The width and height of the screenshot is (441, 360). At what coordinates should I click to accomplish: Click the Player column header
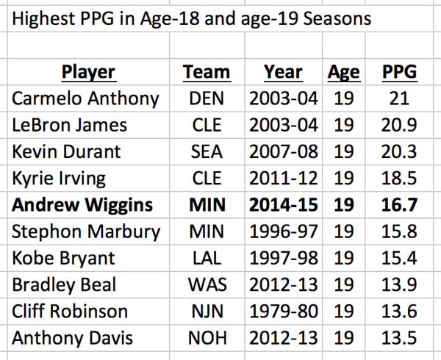(x=88, y=72)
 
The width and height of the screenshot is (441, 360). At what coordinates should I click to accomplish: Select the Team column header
(x=206, y=72)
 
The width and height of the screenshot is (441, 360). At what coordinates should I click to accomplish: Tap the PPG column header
(x=399, y=72)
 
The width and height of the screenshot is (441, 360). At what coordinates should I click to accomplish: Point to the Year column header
(x=283, y=72)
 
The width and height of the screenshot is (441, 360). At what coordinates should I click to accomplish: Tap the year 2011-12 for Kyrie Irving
(x=283, y=178)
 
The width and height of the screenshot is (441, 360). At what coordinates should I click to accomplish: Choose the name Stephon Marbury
(x=86, y=231)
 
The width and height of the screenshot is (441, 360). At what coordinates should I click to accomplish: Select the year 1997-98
(x=283, y=258)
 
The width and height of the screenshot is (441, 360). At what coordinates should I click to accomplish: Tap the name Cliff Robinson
(x=70, y=311)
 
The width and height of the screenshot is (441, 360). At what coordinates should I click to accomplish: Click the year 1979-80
(x=283, y=311)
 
